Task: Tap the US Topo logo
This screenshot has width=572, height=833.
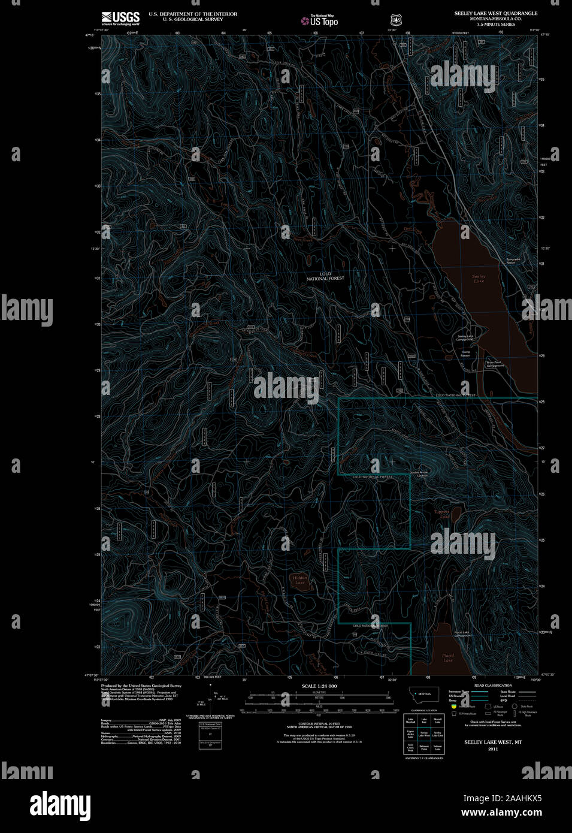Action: [x=320, y=21]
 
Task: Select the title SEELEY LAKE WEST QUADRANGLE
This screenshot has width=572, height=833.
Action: [x=495, y=13]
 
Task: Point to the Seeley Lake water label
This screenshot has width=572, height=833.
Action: [x=479, y=279]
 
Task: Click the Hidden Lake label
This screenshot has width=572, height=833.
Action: [x=299, y=580]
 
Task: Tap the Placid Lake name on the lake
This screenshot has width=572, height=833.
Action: [x=448, y=657]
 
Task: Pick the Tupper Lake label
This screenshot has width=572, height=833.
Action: [x=441, y=514]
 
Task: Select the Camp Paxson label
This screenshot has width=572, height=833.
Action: [x=465, y=354]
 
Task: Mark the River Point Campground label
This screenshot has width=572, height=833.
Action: [x=495, y=364]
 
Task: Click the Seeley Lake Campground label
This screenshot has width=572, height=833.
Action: [x=465, y=338]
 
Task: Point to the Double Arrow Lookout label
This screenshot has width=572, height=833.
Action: [x=419, y=473]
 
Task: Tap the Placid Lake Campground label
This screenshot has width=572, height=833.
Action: [x=462, y=633]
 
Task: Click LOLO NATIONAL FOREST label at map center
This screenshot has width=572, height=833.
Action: [x=325, y=276]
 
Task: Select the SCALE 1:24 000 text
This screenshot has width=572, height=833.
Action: [x=319, y=686]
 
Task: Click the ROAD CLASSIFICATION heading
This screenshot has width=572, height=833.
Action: [x=492, y=686]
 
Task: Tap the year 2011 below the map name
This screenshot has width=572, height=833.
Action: [x=492, y=749]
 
